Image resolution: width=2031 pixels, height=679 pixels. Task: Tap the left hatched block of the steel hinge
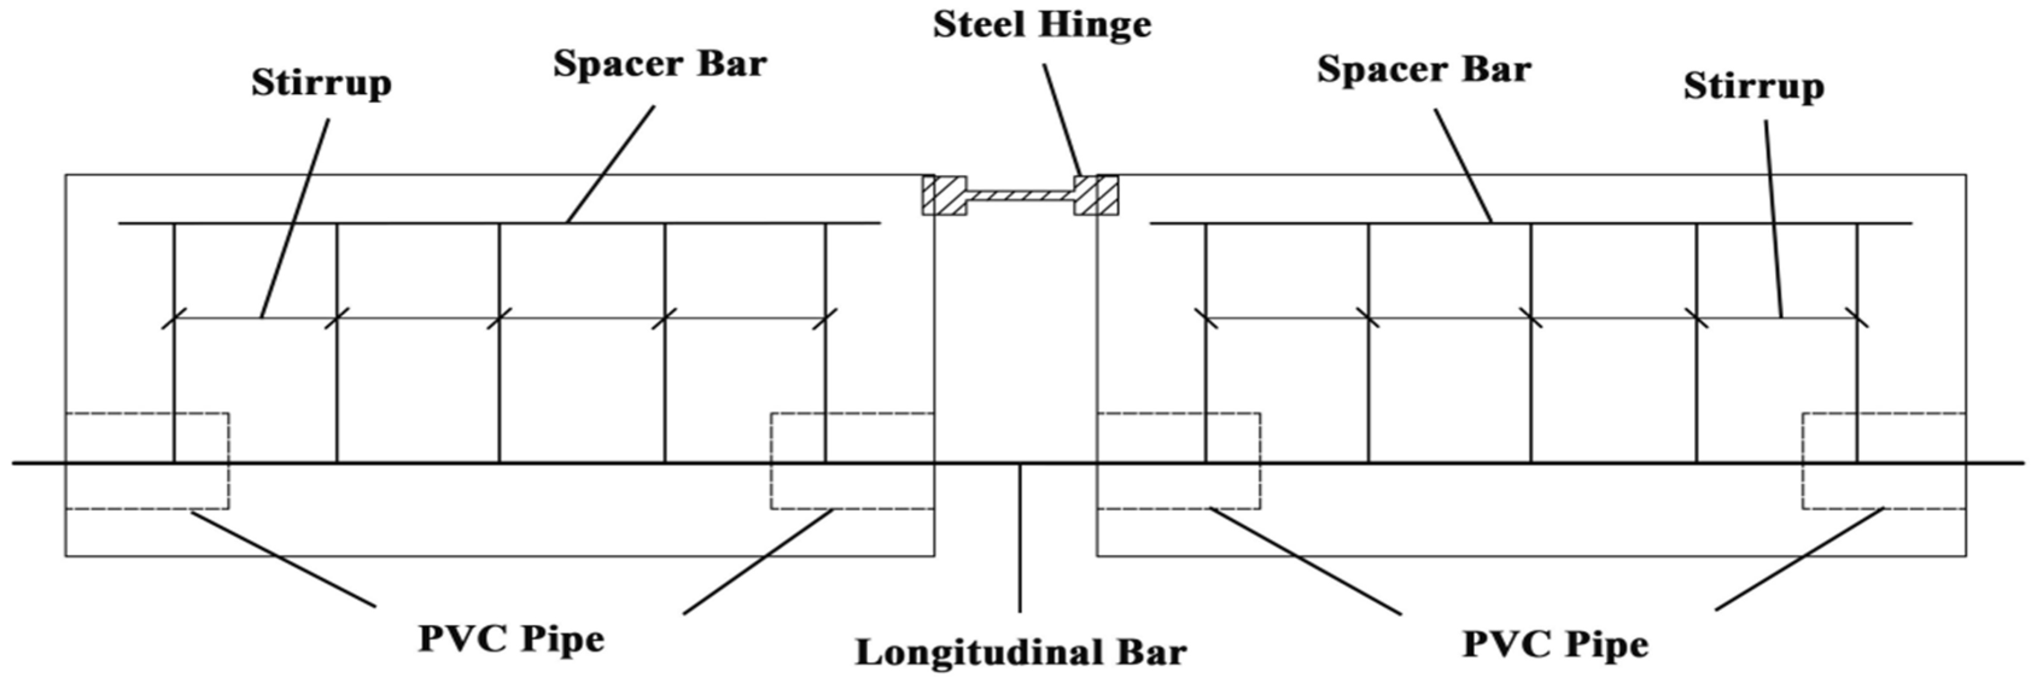[x=945, y=195]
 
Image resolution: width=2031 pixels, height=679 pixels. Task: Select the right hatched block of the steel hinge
[x=1096, y=195]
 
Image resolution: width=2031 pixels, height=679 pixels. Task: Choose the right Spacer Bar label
[x=1424, y=69]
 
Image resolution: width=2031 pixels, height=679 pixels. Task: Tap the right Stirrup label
[x=1754, y=87]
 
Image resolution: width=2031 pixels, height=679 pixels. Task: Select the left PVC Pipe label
[x=511, y=639]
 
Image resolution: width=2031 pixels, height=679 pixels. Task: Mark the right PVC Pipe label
[x=1555, y=643]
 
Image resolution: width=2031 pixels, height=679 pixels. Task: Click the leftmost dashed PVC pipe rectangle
[x=147, y=461]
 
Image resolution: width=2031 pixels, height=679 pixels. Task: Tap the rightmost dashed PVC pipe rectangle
[x=1884, y=461]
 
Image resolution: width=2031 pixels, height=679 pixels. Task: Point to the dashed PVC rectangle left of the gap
[x=852, y=461]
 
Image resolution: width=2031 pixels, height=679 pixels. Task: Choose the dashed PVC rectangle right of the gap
[x=1179, y=461]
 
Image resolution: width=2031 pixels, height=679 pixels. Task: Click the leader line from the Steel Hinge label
[x=1063, y=118]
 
